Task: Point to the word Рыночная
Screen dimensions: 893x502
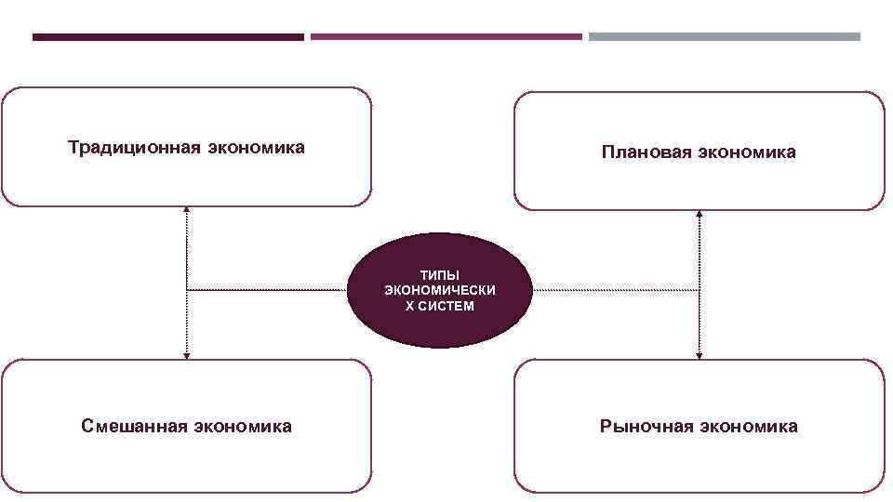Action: coord(646,426)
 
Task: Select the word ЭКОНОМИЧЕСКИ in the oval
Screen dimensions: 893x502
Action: coord(440,291)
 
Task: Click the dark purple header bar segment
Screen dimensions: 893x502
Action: coord(167,37)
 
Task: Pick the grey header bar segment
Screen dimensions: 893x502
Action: coord(725,37)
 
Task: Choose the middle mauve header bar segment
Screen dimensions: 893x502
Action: coord(446,37)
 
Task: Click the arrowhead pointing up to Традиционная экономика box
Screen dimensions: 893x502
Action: coord(187,209)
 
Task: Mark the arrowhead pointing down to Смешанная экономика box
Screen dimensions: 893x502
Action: coord(187,354)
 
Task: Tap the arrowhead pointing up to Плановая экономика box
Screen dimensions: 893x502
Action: coord(700,215)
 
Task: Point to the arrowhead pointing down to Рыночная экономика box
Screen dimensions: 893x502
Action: coord(700,354)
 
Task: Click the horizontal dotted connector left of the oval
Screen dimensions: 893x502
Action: coord(268,291)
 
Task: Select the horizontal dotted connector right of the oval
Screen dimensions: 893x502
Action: coord(615,291)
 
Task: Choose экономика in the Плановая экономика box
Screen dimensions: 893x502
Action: coord(747,152)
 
